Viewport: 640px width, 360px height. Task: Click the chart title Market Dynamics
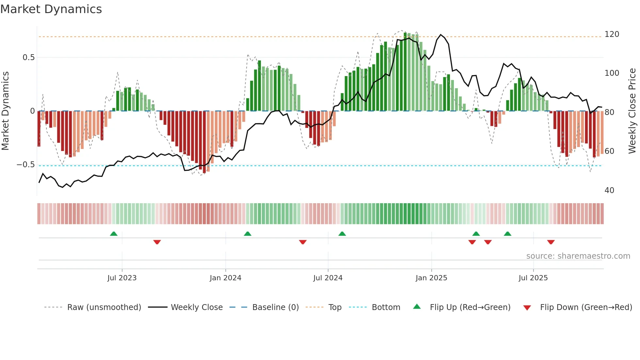click(x=51, y=9)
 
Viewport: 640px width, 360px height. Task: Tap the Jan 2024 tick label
click(x=225, y=278)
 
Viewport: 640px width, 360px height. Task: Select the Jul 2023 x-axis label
click(x=122, y=278)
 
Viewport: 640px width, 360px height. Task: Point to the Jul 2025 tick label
click(x=533, y=278)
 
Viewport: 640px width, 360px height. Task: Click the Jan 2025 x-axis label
click(x=431, y=278)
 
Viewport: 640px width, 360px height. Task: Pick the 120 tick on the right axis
click(x=612, y=34)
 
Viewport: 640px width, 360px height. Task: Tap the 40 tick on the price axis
click(x=609, y=190)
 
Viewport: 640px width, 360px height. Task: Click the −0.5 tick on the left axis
click(x=26, y=165)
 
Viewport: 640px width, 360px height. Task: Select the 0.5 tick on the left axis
click(x=28, y=57)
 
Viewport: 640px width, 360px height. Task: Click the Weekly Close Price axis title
click(x=632, y=111)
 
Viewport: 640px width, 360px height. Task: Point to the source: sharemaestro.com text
click(x=578, y=256)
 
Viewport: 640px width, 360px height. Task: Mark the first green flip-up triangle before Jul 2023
click(x=114, y=234)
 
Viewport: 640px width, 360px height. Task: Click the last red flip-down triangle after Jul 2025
click(x=551, y=242)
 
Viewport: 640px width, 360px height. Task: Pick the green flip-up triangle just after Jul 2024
click(x=342, y=234)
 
